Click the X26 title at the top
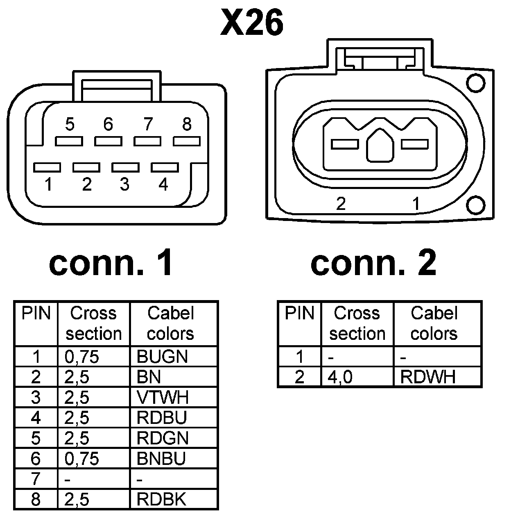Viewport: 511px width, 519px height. [x=252, y=23]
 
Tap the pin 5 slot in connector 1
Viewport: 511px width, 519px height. [x=69, y=141]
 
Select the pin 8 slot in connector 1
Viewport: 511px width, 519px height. [x=187, y=141]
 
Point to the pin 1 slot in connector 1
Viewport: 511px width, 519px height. [x=47, y=167]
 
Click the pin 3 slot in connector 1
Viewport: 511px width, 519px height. [x=125, y=167]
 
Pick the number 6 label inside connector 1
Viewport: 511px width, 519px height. [x=108, y=124]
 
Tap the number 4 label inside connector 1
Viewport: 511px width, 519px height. [x=163, y=184]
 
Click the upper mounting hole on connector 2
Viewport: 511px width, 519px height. [x=476, y=84]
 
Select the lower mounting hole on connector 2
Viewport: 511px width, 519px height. [x=476, y=205]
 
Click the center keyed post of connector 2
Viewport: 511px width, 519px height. [x=380, y=146]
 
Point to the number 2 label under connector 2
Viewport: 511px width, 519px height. [x=341, y=204]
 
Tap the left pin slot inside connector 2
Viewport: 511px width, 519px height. [x=345, y=144]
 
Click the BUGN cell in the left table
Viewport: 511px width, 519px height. [x=162, y=357]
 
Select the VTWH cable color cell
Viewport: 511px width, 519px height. [x=163, y=397]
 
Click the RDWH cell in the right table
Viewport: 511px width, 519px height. [x=427, y=377]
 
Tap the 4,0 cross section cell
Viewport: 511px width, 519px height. [x=340, y=377]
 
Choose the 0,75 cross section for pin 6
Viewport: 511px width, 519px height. [x=81, y=458]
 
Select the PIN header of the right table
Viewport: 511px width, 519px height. [x=299, y=314]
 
